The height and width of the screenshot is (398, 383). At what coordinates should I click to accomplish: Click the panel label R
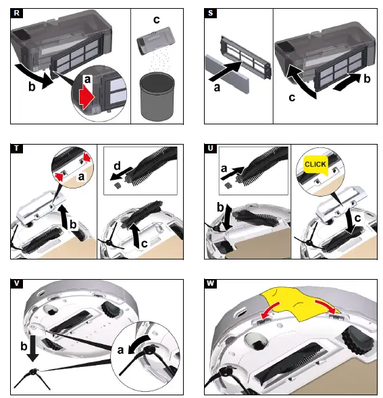click(17, 13)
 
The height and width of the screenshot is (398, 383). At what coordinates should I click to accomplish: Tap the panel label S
click(210, 13)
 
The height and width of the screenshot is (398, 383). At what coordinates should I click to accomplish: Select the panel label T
click(17, 148)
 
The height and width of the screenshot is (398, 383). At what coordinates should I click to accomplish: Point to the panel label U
click(210, 148)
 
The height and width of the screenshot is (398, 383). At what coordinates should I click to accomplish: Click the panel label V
click(17, 284)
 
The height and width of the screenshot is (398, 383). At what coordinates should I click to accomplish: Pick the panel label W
click(210, 284)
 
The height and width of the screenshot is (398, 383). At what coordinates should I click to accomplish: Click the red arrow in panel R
click(86, 97)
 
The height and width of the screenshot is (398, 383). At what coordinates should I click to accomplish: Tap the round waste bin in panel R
click(157, 96)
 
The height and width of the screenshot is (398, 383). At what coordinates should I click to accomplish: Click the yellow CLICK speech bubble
click(315, 164)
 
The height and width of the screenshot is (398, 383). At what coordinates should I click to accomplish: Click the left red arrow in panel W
click(270, 310)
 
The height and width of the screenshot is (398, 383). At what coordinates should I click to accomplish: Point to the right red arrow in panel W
click(326, 306)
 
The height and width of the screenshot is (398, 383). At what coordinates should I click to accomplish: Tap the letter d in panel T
click(117, 166)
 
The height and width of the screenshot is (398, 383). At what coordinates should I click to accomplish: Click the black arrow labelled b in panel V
click(33, 348)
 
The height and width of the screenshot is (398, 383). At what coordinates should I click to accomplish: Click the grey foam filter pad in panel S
click(227, 74)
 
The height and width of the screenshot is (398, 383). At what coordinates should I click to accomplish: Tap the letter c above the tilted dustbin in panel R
click(157, 20)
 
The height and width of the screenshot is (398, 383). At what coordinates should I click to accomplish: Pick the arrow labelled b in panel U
click(228, 216)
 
